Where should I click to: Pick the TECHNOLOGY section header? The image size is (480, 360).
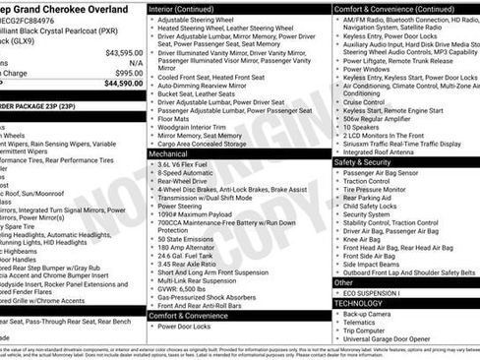pyautogui.click(x=356, y=303)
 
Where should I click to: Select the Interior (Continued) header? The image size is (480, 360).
pyautogui.click(x=190, y=8)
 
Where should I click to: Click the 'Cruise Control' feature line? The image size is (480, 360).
pyautogui.click(x=364, y=101)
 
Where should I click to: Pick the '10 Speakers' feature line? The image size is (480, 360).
pyautogui.click(x=360, y=127)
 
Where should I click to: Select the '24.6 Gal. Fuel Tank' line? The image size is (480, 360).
pyautogui.click(x=193, y=255)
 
